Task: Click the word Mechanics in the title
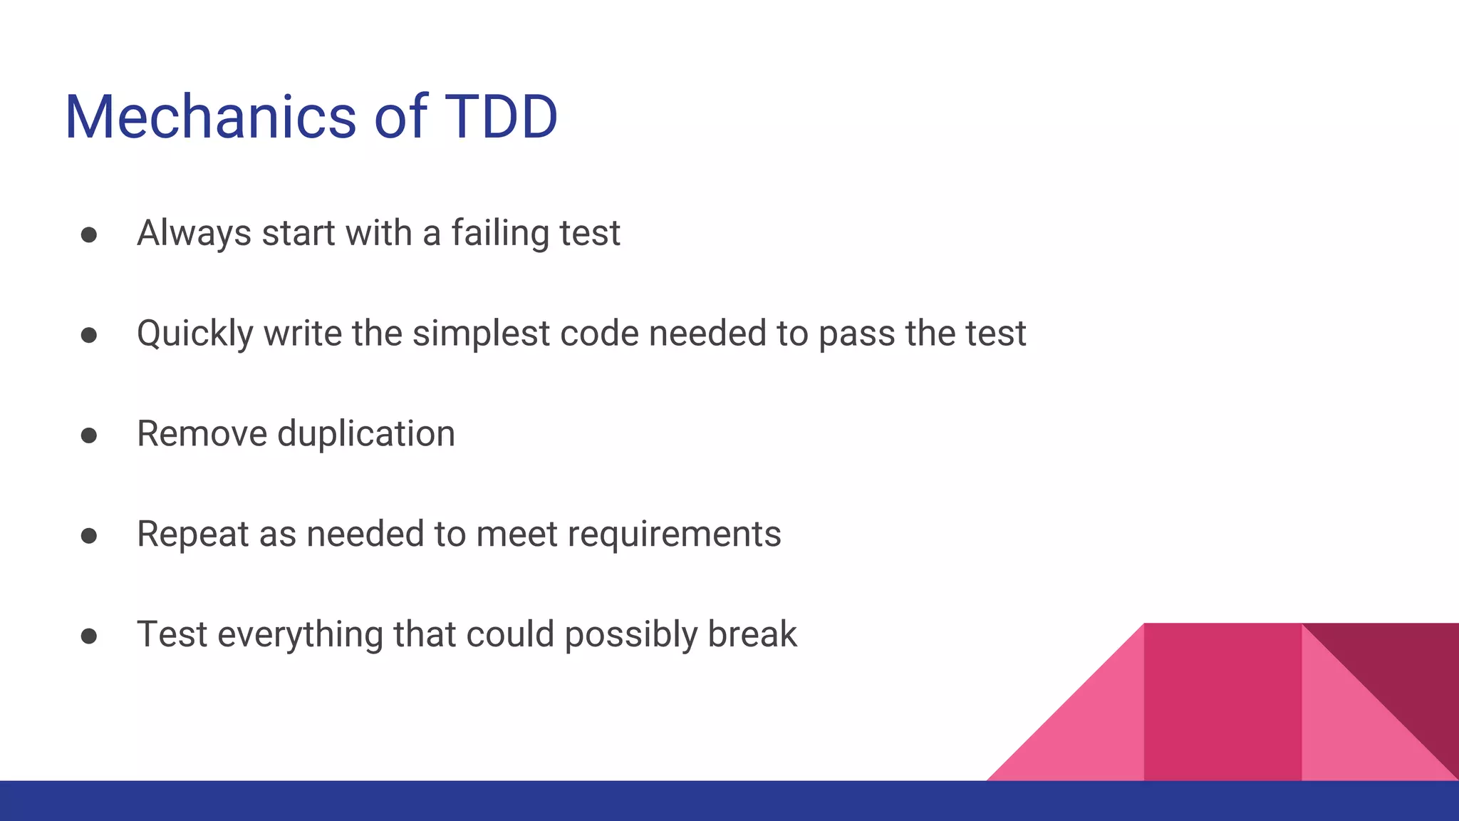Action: (210, 117)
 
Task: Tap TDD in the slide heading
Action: (501, 117)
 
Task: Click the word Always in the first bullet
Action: (194, 234)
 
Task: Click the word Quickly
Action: (195, 334)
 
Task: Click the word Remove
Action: (202, 434)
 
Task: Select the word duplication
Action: (366, 434)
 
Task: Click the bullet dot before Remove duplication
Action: (89, 435)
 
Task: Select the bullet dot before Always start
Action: (89, 235)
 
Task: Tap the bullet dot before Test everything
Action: (89, 636)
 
